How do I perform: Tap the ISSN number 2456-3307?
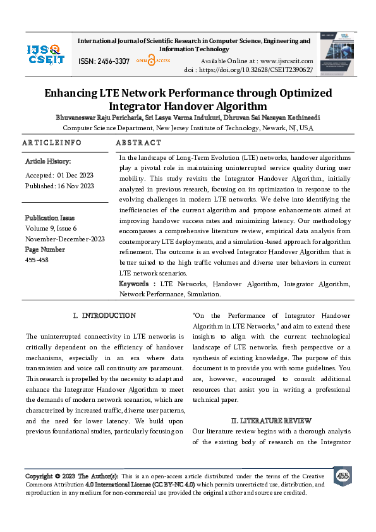[x=104, y=61]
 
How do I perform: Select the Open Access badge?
[x=150, y=61]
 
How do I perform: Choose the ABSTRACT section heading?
[x=140, y=143]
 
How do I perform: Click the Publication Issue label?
[x=50, y=218]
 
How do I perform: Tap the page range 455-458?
[x=36, y=260]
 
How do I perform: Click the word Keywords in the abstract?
[x=136, y=284]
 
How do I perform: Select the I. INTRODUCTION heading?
[x=104, y=315]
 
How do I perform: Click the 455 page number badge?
[x=343, y=476]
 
